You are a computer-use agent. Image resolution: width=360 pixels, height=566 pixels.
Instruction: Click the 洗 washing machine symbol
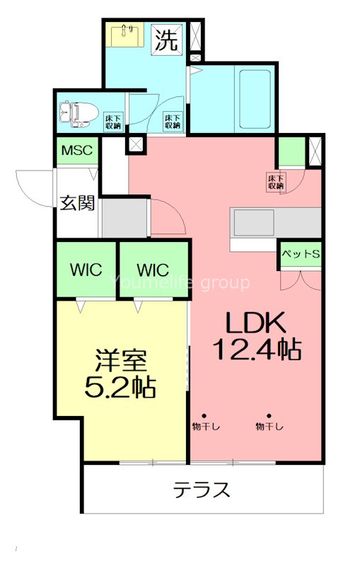pos(166,40)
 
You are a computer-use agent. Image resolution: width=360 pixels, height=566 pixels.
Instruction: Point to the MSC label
pos(77,151)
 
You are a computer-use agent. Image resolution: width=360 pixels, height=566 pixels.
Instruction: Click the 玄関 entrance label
pos(77,203)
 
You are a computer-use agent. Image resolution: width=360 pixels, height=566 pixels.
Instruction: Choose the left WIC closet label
pos(86,270)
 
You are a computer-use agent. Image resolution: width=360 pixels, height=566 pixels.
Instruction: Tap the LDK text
pos(255,323)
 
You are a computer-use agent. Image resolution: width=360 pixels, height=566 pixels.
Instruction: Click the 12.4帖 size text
pos(257,349)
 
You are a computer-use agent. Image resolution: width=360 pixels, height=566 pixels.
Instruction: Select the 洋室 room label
pos(122,362)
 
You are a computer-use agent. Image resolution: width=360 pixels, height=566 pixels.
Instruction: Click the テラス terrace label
pos(202,490)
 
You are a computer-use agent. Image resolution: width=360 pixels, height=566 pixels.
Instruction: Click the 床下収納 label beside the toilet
pos(112,121)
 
